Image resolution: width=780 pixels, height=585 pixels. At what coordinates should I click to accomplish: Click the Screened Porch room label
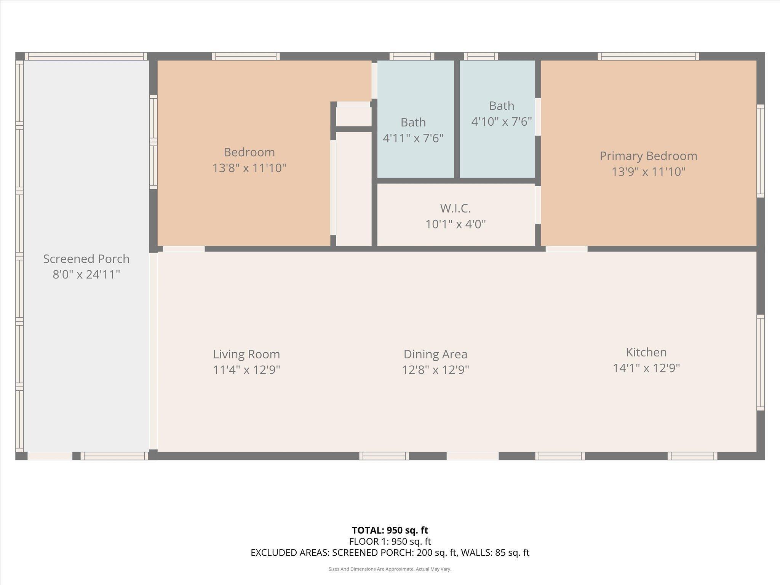click(86, 259)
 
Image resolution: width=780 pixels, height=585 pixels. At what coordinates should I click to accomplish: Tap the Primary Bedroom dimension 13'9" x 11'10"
click(648, 172)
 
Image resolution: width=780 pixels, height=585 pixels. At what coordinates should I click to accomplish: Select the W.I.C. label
click(456, 208)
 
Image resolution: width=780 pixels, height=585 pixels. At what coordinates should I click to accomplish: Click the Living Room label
click(246, 354)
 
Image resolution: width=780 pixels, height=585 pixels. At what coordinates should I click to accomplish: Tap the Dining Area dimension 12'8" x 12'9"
click(435, 370)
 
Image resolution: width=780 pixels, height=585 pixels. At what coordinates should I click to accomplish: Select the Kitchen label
click(646, 352)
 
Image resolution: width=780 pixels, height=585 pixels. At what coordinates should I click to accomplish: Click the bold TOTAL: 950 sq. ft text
click(390, 530)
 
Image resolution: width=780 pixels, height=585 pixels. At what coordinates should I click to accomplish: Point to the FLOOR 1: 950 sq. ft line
click(390, 541)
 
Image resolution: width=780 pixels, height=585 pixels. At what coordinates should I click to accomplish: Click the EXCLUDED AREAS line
click(390, 553)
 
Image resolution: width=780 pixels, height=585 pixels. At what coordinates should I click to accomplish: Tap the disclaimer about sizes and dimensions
click(390, 569)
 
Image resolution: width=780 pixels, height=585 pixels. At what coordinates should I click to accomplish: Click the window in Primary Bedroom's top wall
click(648, 56)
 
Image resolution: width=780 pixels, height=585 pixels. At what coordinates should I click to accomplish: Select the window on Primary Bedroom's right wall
click(760, 151)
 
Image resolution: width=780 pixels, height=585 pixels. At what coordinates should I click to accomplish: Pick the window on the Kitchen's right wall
click(760, 363)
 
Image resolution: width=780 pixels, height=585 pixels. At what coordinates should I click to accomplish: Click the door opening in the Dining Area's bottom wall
click(472, 456)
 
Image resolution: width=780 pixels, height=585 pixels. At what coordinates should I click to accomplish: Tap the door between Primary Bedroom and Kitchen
click(566, 249)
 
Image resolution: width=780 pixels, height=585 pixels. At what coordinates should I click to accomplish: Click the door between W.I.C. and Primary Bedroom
click(538, 205)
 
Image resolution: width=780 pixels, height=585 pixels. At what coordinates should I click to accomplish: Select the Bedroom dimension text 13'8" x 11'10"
click(249, 168)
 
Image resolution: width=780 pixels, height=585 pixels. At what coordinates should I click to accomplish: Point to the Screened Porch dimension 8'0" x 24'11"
click(86, 275)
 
